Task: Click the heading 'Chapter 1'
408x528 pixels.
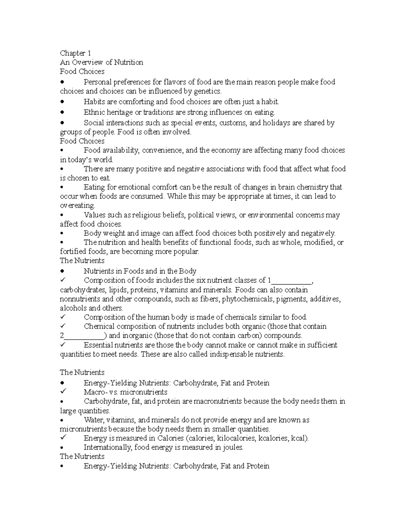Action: point(75,53)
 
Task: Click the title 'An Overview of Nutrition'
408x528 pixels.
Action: point(101,62)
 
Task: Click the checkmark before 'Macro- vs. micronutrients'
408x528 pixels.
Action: point(63,391)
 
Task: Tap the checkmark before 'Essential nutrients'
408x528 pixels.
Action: point(63,344)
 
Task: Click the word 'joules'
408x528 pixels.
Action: point(233,447)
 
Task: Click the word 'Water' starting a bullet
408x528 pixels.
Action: point(93,420)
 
